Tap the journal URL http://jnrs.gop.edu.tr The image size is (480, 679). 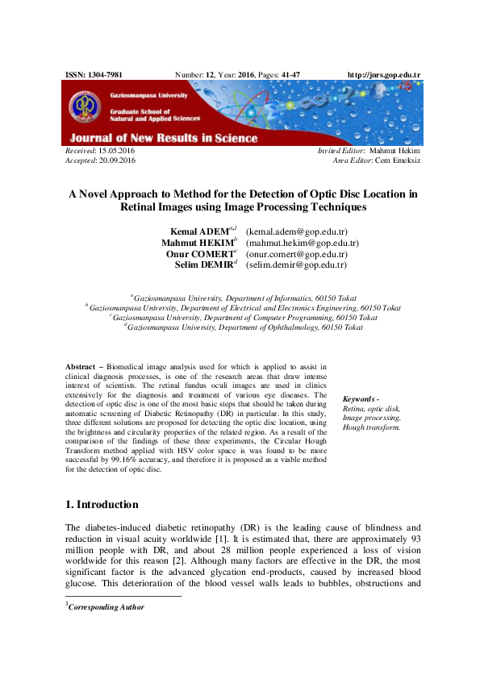coord(383,75)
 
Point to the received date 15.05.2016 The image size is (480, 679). coord(116,151)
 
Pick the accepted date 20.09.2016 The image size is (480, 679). coord(116,160)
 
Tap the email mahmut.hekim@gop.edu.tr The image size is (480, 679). coord(303,243)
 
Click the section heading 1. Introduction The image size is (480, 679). coord(101,505)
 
